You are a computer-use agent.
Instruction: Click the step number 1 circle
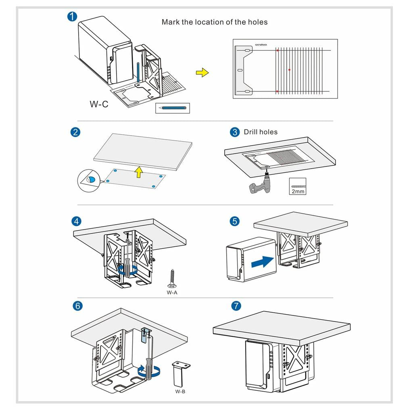click(x=71, y=17)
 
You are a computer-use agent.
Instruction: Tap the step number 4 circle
click(x=76, y=221)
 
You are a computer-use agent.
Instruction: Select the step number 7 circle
click(x=236, y=306)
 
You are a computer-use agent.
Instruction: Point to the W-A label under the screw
click(x=172, y=292)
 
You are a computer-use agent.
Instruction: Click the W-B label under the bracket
click(x=180, y=391)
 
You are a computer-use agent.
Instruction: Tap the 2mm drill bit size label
click(x=298, y=191)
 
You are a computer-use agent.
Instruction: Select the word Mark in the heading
click(x=170, y=22)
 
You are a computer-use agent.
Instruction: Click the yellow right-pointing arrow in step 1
click(x=202, y=72)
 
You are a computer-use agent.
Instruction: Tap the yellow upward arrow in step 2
click(x=138, y=171)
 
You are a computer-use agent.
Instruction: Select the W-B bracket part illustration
click(x=180, y=373)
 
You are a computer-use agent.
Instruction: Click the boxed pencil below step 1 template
click(x=172, y=108)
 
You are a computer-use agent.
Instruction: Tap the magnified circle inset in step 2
click(x=90, y=180)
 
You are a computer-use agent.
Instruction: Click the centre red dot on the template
click(x=289, y=70)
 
